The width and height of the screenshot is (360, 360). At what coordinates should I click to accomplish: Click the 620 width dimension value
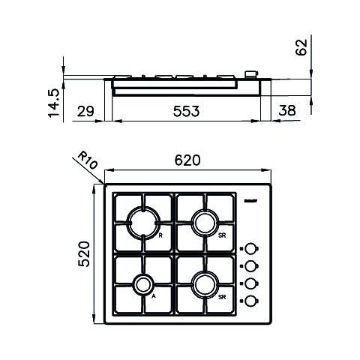[x=187, y=160]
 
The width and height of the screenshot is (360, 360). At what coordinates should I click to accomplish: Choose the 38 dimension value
[x=286, y=111]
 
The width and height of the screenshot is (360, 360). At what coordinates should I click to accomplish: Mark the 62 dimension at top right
[x=301, y=47]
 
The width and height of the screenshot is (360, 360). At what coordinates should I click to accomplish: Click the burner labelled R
[x=142, y=222]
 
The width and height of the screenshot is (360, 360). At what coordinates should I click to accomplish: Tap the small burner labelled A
[x=142, y=285]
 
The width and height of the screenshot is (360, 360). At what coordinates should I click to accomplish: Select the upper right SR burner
[x=205, y=222]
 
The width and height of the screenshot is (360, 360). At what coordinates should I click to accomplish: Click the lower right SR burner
[x=205, y=285]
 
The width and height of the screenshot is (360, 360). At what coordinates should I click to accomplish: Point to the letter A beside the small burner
[x=154, y=297]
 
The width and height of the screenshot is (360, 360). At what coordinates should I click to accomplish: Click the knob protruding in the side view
[x=251, y=74]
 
